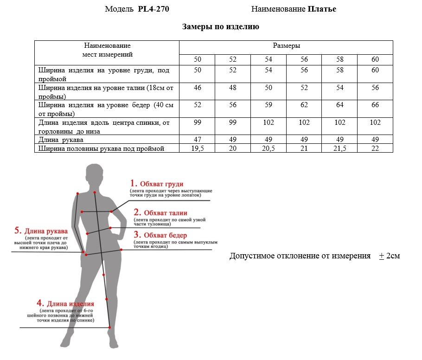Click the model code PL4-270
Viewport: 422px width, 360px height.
[157, 9]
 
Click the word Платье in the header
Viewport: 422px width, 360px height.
[322, 9]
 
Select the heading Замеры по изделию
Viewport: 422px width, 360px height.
[220, 27]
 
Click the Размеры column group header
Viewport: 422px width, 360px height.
[286, 46]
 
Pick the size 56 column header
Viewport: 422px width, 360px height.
[304, 60]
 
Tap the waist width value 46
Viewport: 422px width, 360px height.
[198, 88]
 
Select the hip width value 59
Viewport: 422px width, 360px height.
[269, 105]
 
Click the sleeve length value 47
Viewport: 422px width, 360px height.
[198, 140]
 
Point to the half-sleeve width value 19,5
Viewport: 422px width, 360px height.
[198, 148]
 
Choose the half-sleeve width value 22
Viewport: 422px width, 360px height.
[375, 148]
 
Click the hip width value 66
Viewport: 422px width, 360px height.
[375, 105]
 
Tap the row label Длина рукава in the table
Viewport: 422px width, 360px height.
[61, 140]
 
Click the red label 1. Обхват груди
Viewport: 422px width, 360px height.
[157, 183]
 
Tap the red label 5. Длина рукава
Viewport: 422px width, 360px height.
[41, 231]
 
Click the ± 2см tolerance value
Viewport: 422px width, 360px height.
[389, 256]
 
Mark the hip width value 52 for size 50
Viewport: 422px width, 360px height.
[198, 105]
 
